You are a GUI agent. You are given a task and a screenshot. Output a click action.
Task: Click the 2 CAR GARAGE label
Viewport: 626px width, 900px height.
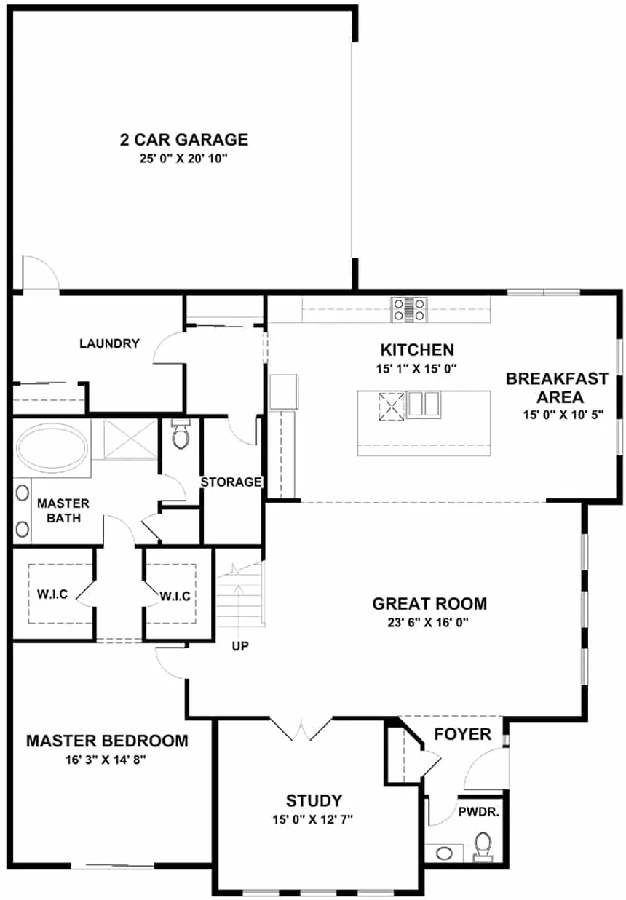[x=183, y=140]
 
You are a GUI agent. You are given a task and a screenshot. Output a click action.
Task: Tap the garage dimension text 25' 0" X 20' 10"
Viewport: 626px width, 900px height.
[x=183, y=159]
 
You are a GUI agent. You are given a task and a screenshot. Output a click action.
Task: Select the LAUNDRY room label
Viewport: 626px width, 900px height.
[x=109, y=343]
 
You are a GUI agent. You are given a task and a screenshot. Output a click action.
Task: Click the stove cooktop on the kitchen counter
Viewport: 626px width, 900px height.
[x=409, y=309]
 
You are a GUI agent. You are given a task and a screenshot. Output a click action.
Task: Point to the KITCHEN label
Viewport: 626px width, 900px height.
[x=417, y=350]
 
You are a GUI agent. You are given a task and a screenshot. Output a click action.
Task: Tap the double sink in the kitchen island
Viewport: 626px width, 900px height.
[x=424, y=405]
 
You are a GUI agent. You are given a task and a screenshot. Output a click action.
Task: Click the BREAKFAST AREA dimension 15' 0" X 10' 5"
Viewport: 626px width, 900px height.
[x=563, y=415]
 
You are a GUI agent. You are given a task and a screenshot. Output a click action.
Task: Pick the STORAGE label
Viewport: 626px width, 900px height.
[x=231, y=482]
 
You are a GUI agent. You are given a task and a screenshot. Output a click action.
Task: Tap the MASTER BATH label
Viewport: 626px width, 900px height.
[x=63, y=511]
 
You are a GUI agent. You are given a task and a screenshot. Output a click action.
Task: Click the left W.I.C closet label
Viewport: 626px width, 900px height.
[x=52, y=594]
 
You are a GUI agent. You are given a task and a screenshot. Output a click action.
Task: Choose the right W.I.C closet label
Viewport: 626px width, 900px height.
[x=175, y=596]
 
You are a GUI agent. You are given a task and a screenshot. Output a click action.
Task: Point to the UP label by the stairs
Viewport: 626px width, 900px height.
[x=240, y=646]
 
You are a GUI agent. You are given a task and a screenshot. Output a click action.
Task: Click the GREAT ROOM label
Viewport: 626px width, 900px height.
[x=429, y=603]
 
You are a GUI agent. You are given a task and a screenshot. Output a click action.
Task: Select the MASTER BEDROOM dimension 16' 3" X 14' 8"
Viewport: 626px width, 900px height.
[x=106, y=760]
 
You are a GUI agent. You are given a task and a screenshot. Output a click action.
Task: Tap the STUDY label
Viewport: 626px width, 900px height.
[x=314, y=801]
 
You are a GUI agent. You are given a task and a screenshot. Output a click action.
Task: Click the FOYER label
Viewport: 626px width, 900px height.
[x=462, y=734]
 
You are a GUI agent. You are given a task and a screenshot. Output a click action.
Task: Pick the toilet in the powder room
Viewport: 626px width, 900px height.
[x=483, y=846]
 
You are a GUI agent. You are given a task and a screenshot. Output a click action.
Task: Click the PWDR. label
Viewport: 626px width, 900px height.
[x=478, y=812]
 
